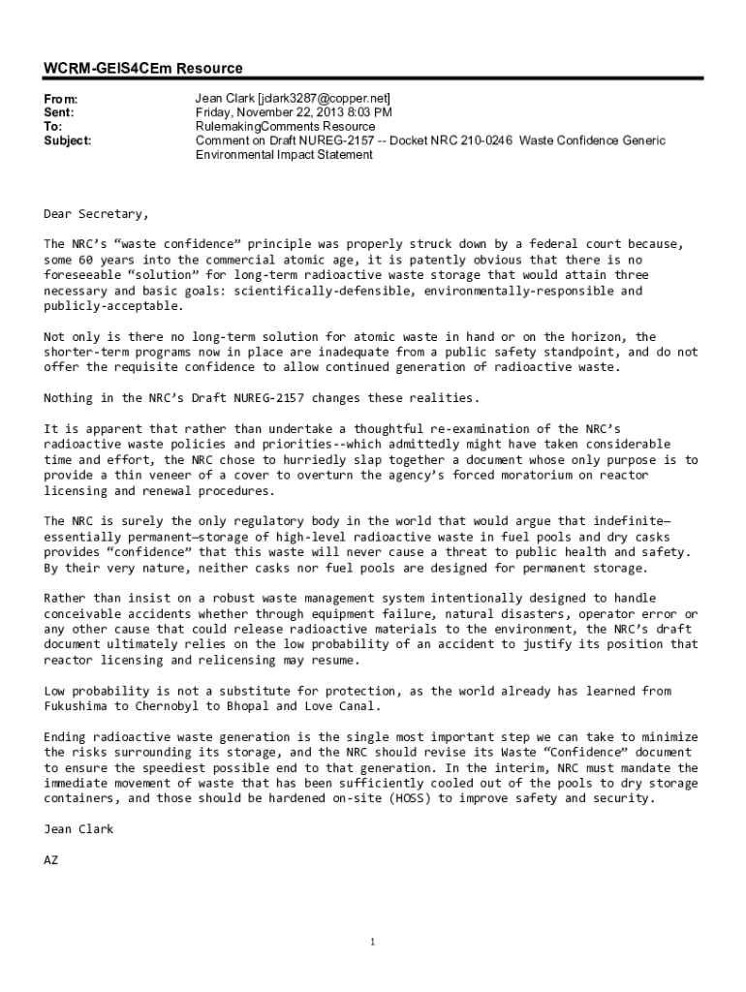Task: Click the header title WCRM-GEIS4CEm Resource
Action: coord(143,69)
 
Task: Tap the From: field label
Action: coord(60,100)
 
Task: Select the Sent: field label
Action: coord(59,113)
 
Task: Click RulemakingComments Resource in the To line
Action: coord(285,127)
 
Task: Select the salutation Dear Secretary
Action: coord(97,213)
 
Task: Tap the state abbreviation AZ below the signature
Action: coord(51,859)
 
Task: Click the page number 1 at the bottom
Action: coord(373,942)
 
